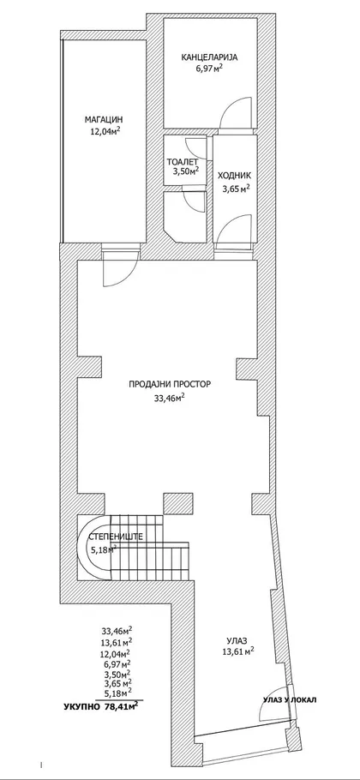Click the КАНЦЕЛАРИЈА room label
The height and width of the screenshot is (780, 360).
pyautogui.click(x=209, y=57)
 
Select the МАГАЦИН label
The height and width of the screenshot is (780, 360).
pyautogui.click(x=104, y=119)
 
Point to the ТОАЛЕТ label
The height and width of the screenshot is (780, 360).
pyautogui.click(x=183, y=162)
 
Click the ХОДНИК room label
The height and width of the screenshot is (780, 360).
pyautogui.click(x=234, y=176)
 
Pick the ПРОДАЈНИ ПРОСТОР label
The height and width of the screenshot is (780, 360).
pyautogui.click(x=171, y=384)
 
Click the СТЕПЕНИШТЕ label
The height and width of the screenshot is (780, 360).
pyautogui.click(x=116, y=537)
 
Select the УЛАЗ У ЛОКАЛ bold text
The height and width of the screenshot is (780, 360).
pyautogui.click(x=290, y=700)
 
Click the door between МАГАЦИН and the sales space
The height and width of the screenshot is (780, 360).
pyautogui.click(x=120, y=267)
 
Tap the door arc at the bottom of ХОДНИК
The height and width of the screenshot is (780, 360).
pyautogui.click(x=234, y=228)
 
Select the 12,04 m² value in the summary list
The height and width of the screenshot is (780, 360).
pyautogui.click(x=116, y=654)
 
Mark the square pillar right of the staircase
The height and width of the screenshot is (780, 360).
pyautogui.click(x=175, y=503)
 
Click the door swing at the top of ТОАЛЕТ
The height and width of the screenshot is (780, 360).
pyautogui.click(x=195, y=147)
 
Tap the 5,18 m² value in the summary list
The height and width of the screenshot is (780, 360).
pyautogui.click(x=116, y=692)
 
